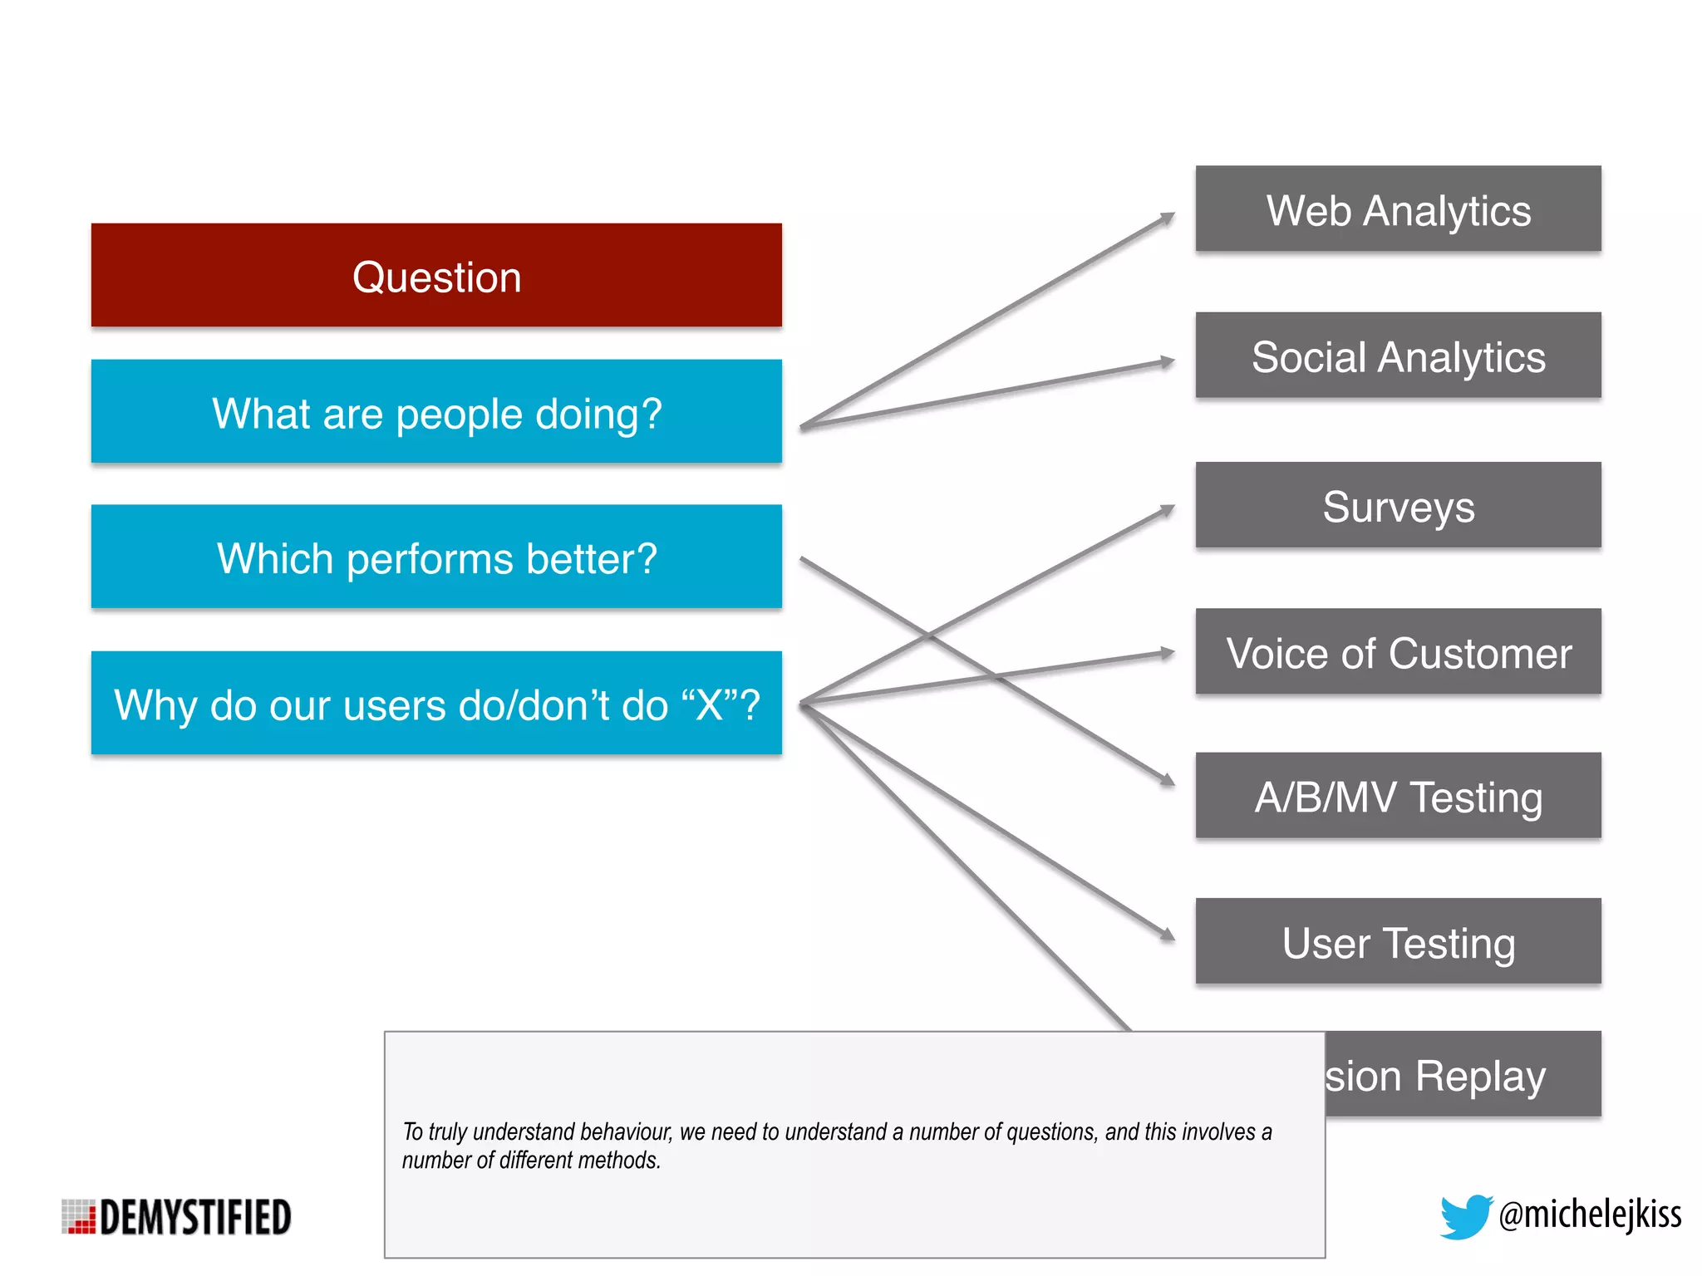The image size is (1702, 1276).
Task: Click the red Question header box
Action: (436, 275)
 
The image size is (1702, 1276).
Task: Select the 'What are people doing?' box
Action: (436, 411)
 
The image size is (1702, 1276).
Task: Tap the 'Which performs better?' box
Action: (436, 557)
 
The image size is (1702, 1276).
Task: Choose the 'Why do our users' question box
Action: (436, 703)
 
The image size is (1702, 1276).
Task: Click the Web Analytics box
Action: (1398, 209)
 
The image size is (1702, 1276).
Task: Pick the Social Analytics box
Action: (1398, 356)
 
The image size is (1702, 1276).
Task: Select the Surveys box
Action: (1398, 505)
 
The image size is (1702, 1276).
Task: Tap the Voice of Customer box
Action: (1398, 651)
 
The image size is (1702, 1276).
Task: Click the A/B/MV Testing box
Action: (1398, 796)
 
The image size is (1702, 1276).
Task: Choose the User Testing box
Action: (1398, 941)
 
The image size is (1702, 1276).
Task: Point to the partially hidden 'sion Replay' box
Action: (1463, 1074)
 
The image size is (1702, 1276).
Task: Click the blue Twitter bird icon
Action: (1465, 1216)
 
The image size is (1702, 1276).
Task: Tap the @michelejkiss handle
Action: (1590, 1215)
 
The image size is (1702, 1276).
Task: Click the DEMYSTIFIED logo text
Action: (196, 1217)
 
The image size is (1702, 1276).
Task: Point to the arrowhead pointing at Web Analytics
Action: (1168, 218)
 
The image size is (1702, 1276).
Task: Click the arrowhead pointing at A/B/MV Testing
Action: (1168, 780)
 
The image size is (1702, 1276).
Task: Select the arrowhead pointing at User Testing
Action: (1168, 935)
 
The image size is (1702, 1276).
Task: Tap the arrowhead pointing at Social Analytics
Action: (1168, 362)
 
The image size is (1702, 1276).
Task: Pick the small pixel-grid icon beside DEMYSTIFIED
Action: (79, 1217)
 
